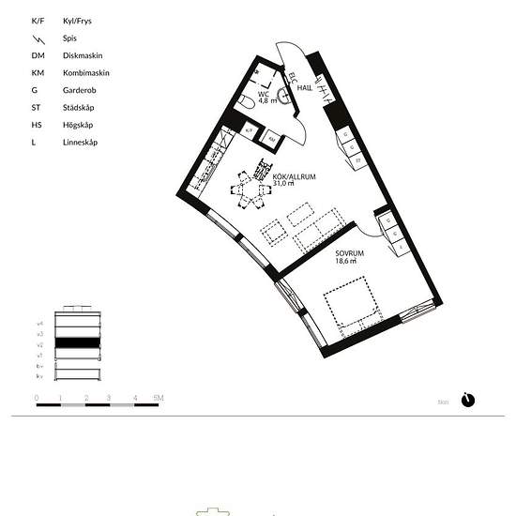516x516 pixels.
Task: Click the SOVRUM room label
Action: (350, 253)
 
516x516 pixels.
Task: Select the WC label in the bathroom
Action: (264, 94)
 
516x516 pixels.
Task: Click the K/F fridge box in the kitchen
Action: (250, 131)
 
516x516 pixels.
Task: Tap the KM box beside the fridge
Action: (271, 139)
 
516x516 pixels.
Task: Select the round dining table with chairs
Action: (252, 190)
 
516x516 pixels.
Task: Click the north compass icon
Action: (469, 400)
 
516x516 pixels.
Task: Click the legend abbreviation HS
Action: (38, 125)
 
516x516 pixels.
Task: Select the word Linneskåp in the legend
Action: (80, 143)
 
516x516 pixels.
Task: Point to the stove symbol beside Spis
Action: (37, 38)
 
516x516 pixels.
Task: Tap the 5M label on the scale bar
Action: (159, 399)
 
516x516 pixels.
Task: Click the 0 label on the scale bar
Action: (37, 399)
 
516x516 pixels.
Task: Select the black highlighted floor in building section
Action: (76, 343)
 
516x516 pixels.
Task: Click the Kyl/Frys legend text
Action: (78, 21)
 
